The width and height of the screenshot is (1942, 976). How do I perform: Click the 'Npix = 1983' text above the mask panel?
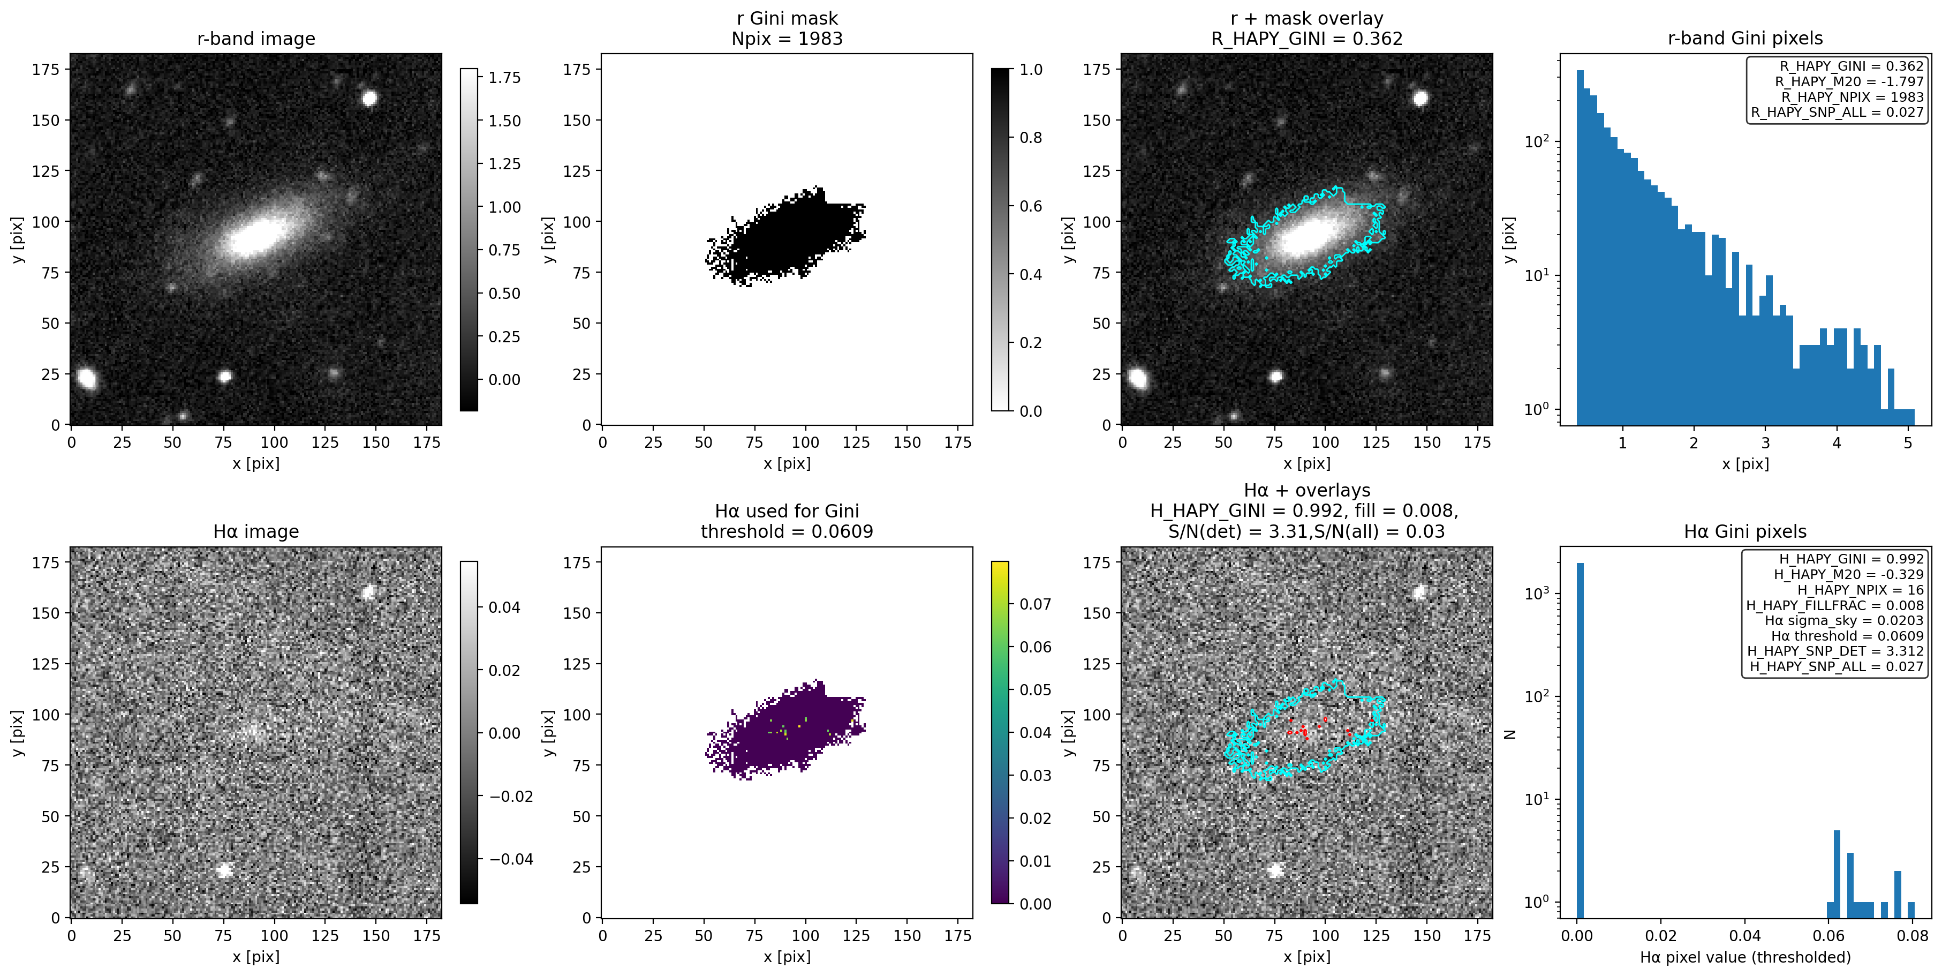(787, 39)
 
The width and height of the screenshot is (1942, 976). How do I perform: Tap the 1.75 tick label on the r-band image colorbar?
(504, 78)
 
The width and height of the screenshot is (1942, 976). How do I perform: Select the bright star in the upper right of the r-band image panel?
(369, 98)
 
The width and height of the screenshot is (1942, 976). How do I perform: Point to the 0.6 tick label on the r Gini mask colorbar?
(1031, 206)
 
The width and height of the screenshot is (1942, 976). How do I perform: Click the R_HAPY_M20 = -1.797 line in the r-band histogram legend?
(1848, 81)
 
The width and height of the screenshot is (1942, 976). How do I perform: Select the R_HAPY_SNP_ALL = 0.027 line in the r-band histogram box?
(1837, 112)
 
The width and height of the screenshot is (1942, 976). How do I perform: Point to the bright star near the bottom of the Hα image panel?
(224, 869)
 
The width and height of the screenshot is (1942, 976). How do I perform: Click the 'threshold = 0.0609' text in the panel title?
(787, 532)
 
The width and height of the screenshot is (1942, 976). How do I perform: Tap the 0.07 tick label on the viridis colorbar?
(1035, 604)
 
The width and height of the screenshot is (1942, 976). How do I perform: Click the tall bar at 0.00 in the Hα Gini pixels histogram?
(1580, 739)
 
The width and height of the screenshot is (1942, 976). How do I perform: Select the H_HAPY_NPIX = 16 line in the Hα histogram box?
(1860, 590)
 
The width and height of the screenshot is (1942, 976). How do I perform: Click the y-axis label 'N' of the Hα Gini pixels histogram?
(1509, 733)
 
